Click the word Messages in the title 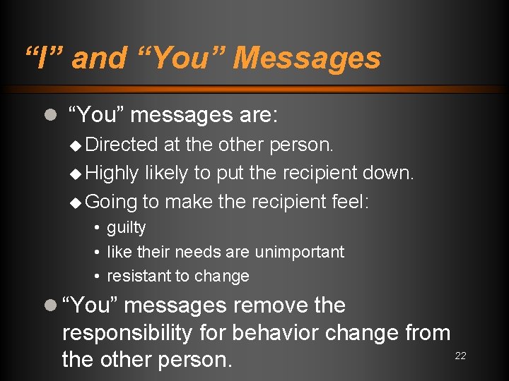pos(307,58)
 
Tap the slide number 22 pos(460,356)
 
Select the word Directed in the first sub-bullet pos(121,145)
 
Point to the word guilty pos(127,228)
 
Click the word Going pos(111,202)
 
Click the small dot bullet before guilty pos(96,228)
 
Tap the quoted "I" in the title pos(42,58)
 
